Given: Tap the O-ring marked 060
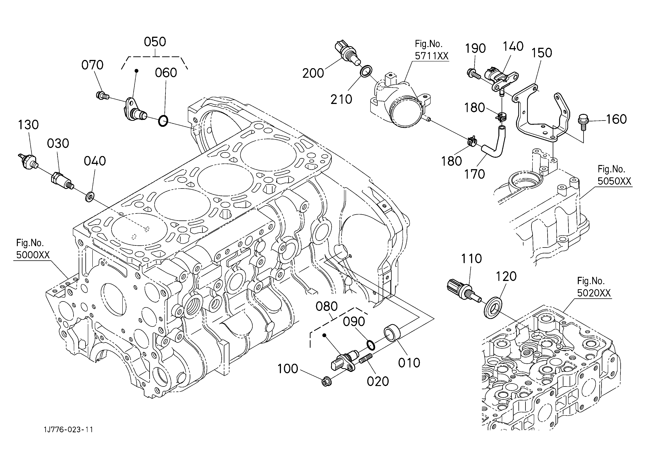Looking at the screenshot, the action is point(163,121).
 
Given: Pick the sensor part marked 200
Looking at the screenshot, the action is point(347,53).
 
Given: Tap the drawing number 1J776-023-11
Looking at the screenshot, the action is point(68,429).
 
